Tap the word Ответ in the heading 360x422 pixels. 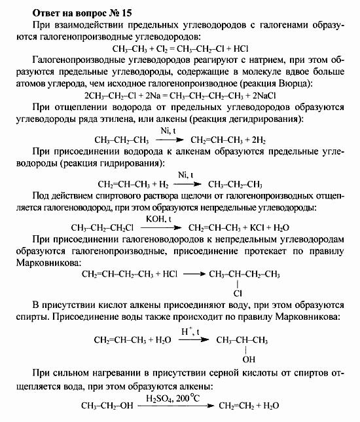pyautogui.click(x=37, y=10)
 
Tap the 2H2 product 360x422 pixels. pyautogui.click(x=256, y=140)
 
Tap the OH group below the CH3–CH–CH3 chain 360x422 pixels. pyautogui.click(x=249, y=360)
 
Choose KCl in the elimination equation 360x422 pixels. pyautogui.click(x=257, y=227)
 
